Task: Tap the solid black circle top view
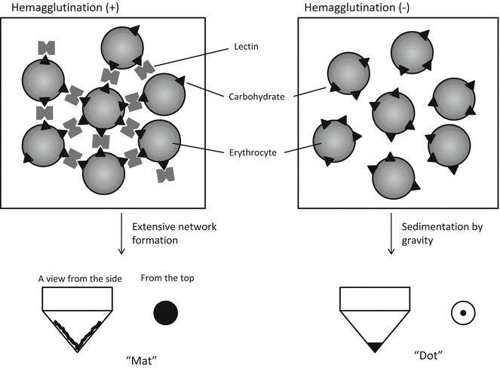[166, 312]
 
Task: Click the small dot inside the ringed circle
[462, 312]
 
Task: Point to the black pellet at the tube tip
[374, 347]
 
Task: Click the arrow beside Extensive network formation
[121, 233]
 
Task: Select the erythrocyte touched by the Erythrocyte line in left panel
[158, 140]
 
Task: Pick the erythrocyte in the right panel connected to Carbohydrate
[348, 74]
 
